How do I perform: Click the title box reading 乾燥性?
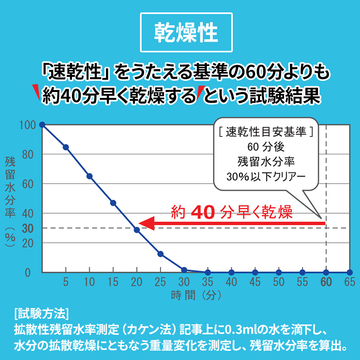point(186,32)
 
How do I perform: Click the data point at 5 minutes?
point(66,147)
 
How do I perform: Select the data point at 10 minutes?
point(90,176)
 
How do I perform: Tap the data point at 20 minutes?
point(137,230)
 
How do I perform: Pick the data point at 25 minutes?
point(160,254)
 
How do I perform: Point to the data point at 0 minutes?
point(42,125)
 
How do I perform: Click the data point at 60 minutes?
point(326,272)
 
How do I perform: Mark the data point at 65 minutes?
point(350,272)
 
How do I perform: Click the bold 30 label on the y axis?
point(28,229)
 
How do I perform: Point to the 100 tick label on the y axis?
point(28,125)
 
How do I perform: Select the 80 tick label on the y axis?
point(28,155)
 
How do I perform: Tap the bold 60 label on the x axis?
point(326,282)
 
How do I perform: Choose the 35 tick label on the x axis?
point(208,282)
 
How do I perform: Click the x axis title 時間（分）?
point(196,295)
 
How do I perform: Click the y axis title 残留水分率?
point(10,187)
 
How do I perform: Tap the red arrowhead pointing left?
point(146,223)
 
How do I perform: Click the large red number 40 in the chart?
point(203,212)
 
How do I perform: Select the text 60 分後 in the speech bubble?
point(266,147)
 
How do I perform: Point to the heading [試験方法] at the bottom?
point(41,313)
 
